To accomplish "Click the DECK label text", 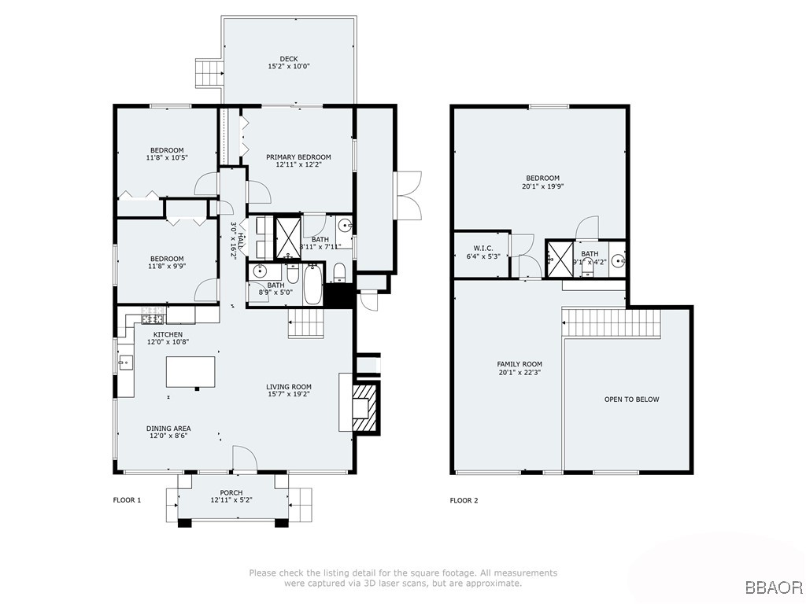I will (x=288, y=59).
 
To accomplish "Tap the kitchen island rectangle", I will (x=190, y=373).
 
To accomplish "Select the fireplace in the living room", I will (x=364, y=407).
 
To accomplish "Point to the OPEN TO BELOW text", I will (x=631, y=400).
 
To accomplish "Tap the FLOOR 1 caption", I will (x=127, y=500).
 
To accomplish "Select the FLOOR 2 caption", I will (x=464, y=500).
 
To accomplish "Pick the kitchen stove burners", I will (x=153, y=317).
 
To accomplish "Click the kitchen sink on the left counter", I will (x=126, y=363).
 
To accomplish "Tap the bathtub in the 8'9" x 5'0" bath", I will (x=312, y=285).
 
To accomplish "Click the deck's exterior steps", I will (x=209, y=74).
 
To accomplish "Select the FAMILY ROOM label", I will (x=519, y=364).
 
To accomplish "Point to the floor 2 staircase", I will (x=612, y=322).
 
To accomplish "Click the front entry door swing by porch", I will (x=245, y=459).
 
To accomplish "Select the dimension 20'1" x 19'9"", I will (x=542, y=187).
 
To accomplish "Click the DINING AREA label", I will (x=168, y=429).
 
